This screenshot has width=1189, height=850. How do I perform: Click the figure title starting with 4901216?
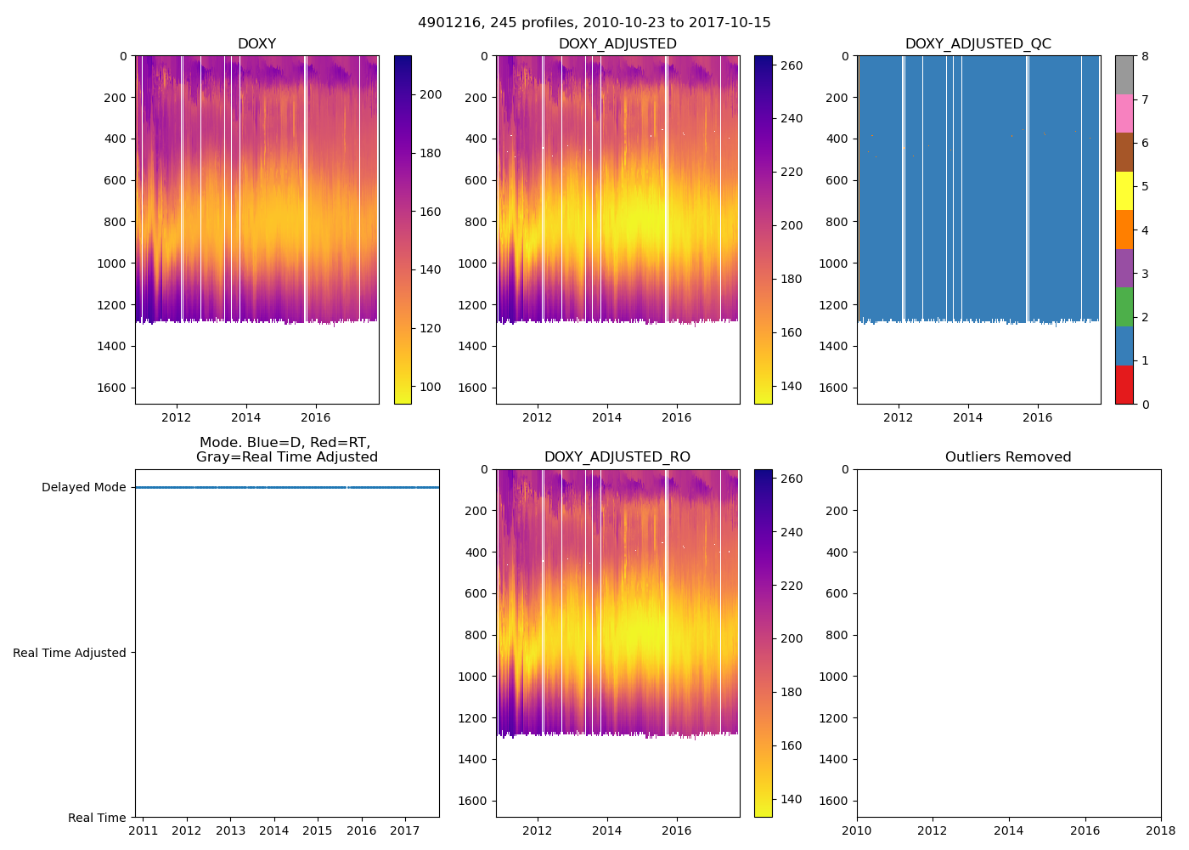(594, 23)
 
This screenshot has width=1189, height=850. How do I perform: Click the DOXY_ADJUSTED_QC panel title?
(978, 44)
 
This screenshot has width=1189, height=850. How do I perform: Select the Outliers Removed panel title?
(1007, 457)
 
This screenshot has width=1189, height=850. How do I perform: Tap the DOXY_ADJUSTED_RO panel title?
(617, 457)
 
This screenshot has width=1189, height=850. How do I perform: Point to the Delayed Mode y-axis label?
(83, 488)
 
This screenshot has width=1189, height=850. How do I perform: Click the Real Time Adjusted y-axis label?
(69, 653)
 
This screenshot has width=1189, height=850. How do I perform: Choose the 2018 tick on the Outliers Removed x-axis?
(1160, 830)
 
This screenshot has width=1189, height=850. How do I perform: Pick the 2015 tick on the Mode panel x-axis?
(318, 830)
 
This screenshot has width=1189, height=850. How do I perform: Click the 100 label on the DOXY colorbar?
(431, 387)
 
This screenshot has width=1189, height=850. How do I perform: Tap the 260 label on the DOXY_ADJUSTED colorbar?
(792, 65)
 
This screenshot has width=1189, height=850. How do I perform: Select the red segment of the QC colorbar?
(1124, 384)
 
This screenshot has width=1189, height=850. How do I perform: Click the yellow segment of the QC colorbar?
(1124, 190)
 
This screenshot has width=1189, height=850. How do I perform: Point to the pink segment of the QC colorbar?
(1124, 113)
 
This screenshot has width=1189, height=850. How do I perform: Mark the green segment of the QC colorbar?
(1124, 306)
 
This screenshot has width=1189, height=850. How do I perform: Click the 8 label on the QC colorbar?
(1145, 57)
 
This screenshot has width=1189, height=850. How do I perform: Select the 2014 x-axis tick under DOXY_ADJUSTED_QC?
(967, 417)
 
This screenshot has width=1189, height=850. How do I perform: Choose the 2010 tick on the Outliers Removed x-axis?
(857, 830)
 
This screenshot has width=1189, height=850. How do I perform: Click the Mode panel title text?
(286, 450)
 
